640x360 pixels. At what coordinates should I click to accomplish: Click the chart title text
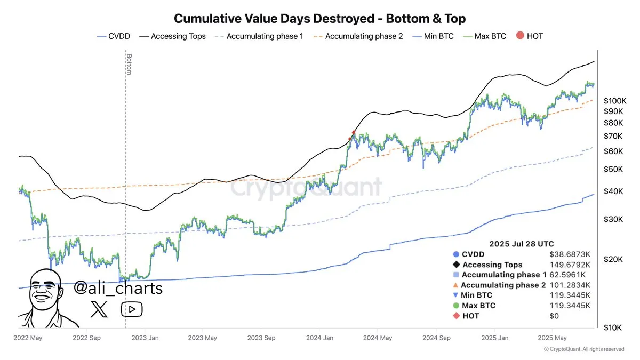coord(320,19)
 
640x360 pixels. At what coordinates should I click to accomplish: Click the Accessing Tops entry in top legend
coord(173,36)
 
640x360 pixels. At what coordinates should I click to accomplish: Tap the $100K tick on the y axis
coord(614,100)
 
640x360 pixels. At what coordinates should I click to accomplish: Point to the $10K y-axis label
coord(613,328)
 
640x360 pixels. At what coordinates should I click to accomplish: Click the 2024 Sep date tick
coord(436,338)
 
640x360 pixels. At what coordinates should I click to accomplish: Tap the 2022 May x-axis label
coord(28,338)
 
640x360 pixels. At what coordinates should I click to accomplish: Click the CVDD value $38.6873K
coord(571,254)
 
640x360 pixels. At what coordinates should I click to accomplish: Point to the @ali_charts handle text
coord(117,289)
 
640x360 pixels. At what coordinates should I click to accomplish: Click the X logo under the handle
coord(99,309)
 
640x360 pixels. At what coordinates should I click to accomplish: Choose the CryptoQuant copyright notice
coord(583,349)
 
